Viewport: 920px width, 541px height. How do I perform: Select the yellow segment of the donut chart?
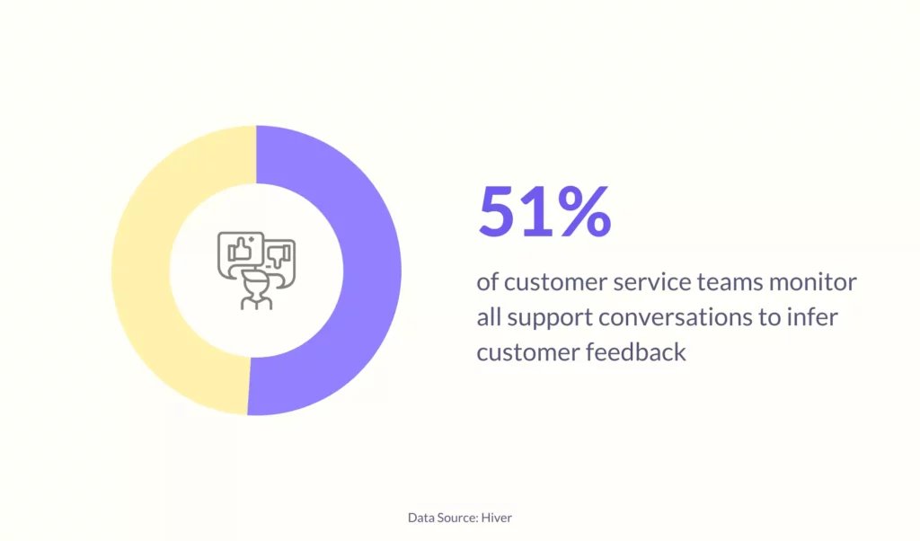pos(141,270)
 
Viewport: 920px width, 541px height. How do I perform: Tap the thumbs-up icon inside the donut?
pos(240,249)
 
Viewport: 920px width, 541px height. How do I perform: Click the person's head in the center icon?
pos(256,286)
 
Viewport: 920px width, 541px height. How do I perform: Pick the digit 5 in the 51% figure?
pos(500,211)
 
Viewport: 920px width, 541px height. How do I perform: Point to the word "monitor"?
pos(813,282)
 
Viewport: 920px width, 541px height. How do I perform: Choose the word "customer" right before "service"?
pos(555,283)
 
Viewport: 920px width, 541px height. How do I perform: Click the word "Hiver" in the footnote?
pos(496,518)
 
